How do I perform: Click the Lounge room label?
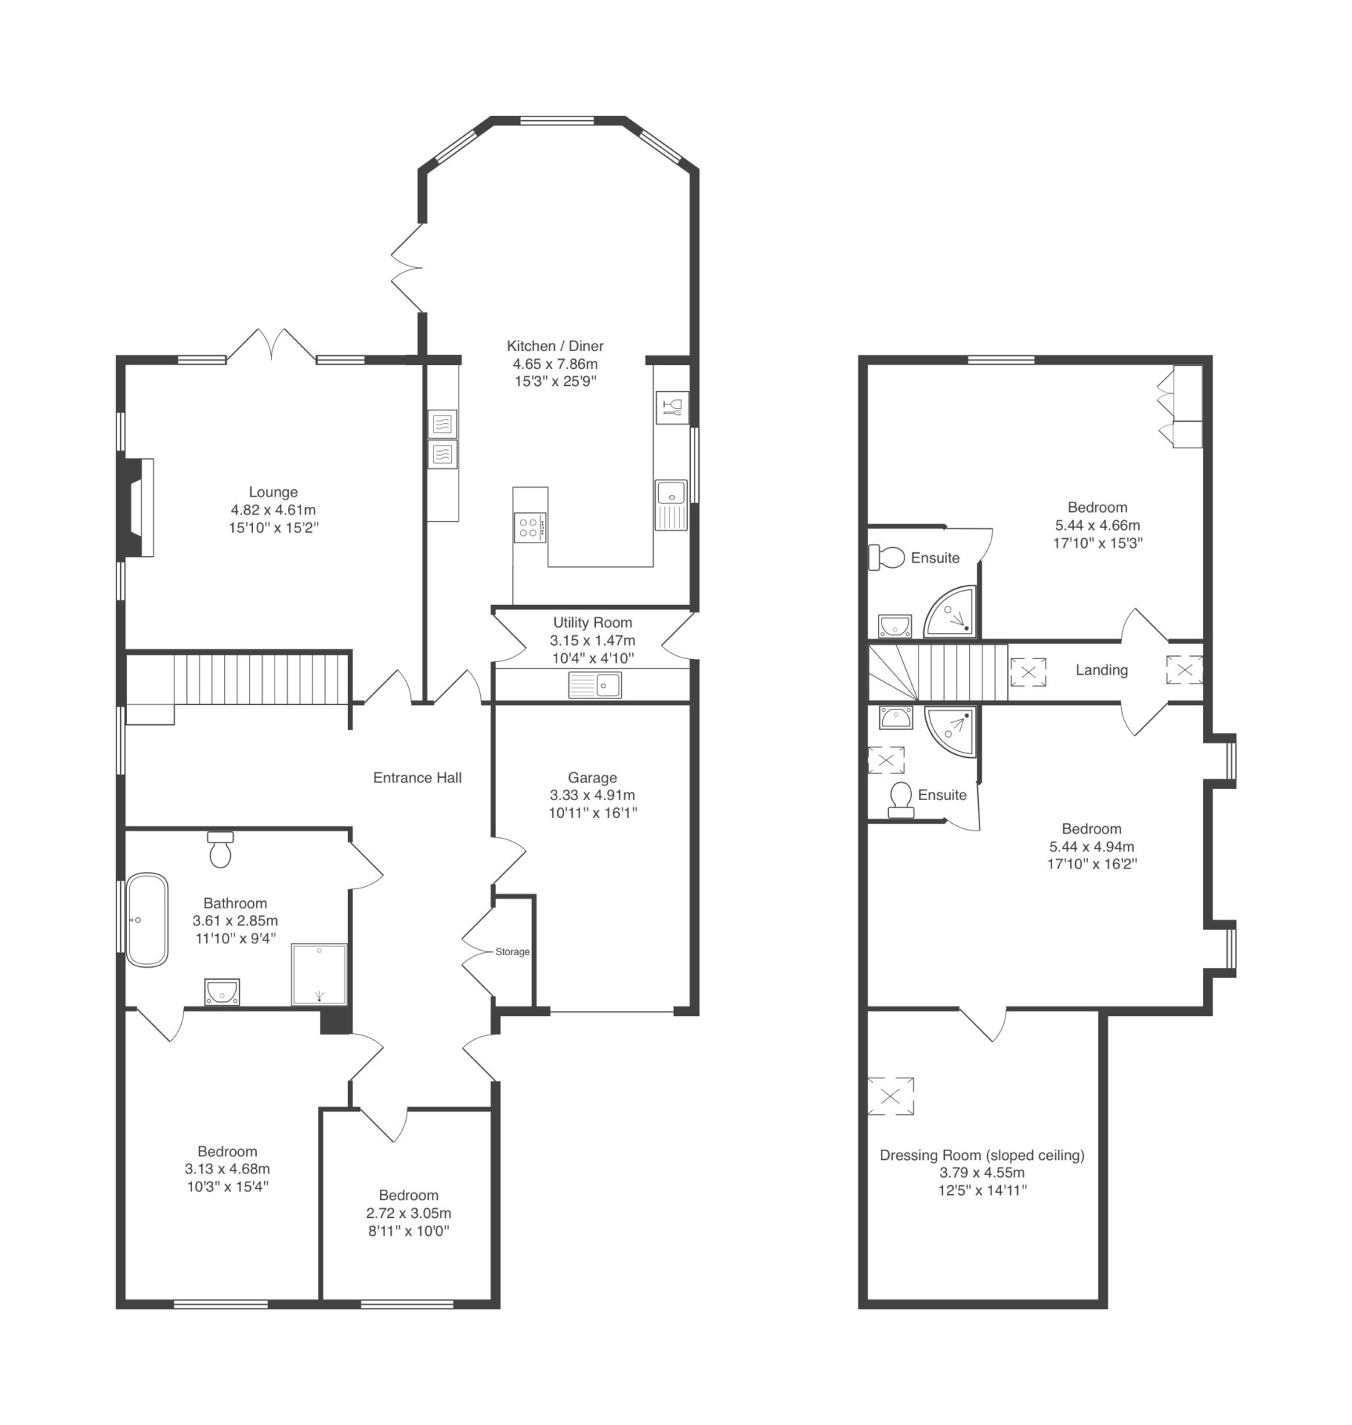point(273,492)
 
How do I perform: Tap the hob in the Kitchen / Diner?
point(530,528)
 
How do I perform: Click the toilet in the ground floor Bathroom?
point(220,849)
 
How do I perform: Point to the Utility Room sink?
point(595,684)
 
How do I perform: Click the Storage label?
point(513,951)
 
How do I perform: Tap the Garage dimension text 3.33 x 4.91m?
point(592,795)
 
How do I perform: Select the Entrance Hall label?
point(417,778)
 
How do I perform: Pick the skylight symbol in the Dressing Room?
point(890,1095)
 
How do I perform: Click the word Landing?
point(1101,670)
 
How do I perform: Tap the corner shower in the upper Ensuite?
point(949,612)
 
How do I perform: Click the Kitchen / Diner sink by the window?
point(672,505)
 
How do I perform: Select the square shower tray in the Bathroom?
point(319,974)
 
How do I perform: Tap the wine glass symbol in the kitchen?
point(672,407)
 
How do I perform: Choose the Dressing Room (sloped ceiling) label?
point(982,1155)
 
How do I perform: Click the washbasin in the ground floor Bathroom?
point(222,992)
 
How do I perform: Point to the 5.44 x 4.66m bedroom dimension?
point(1097,525)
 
